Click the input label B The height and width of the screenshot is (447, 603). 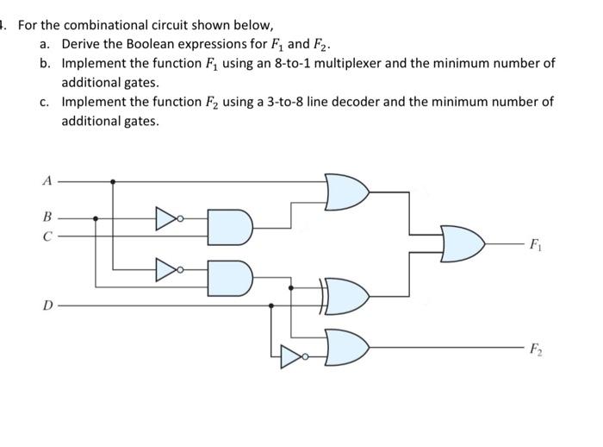[x=47, y=217]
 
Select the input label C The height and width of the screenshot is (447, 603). [x=47, y=234]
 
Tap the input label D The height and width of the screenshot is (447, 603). [x=47, y=304]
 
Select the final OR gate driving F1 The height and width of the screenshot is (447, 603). [x=461, y=244]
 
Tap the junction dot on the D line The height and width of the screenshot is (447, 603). [x=272, y=305]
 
